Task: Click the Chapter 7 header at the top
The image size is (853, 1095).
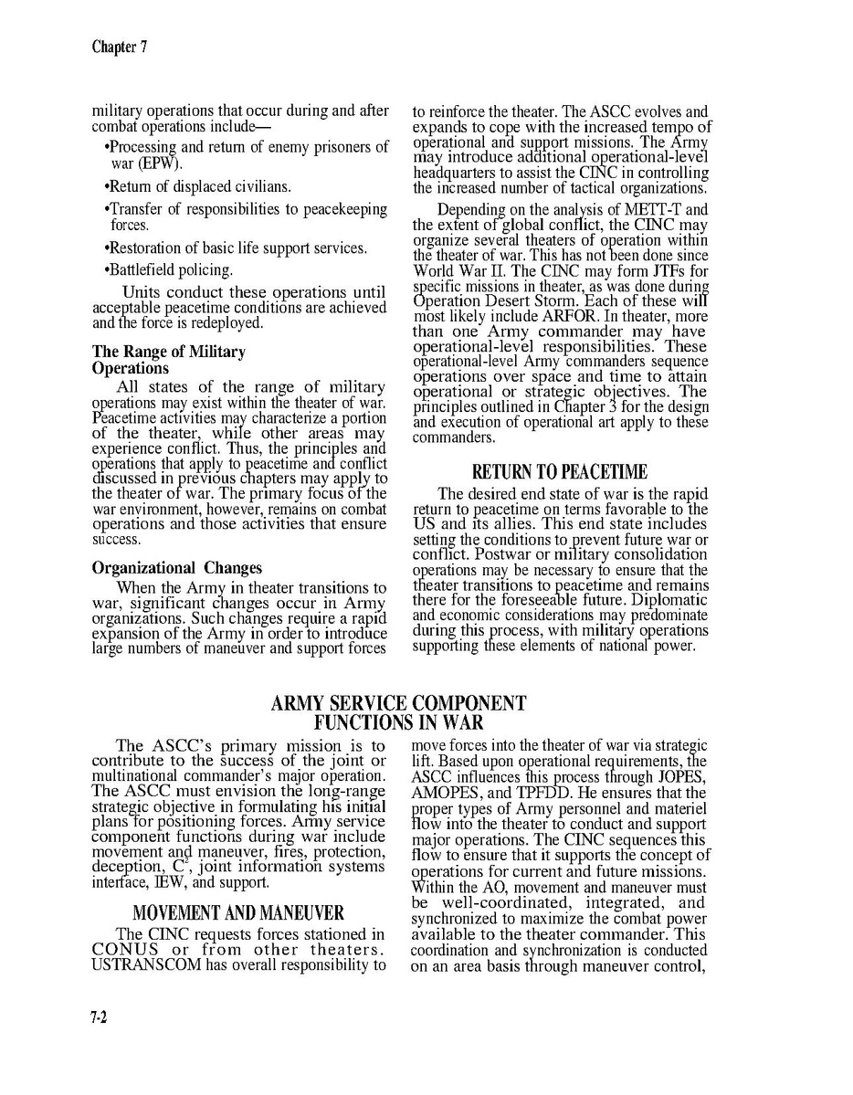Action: pyautogui.click(x=114, y=47)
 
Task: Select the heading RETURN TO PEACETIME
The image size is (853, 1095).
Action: pyautogui.click(x=559, y=472)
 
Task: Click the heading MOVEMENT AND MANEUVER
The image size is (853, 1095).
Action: pyautogui.click(x=237, y=913)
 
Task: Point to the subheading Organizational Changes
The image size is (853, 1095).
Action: pyautogui.click(x=177, y=567)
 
